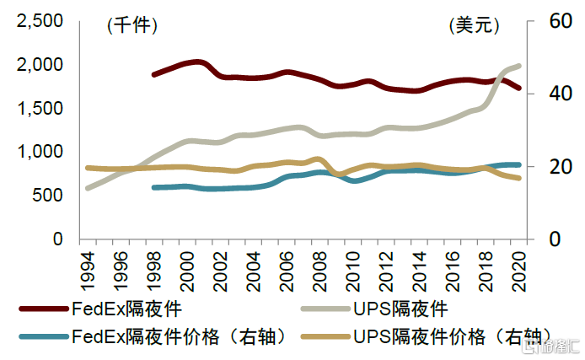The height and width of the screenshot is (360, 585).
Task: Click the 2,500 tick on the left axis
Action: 40,22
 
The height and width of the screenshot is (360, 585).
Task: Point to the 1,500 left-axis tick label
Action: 40,109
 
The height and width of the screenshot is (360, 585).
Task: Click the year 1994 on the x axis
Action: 87,268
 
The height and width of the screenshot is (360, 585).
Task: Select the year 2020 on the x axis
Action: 518,268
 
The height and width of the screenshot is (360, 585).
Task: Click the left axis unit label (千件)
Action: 132,26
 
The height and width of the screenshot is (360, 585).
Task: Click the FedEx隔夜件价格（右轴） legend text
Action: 185,337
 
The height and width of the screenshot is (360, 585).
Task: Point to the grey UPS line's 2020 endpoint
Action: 519,66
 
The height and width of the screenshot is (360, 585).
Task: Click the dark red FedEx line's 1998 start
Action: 153,75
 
